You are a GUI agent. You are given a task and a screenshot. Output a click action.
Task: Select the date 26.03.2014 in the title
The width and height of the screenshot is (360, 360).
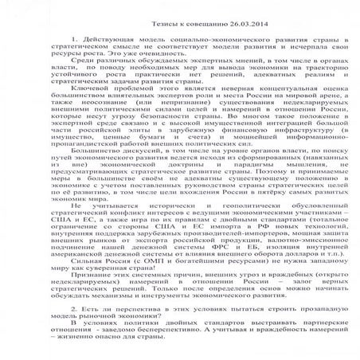click(x=218, y=17)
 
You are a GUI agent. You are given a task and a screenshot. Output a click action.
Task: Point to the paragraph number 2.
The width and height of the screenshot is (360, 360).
click(x=73, y=306)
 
